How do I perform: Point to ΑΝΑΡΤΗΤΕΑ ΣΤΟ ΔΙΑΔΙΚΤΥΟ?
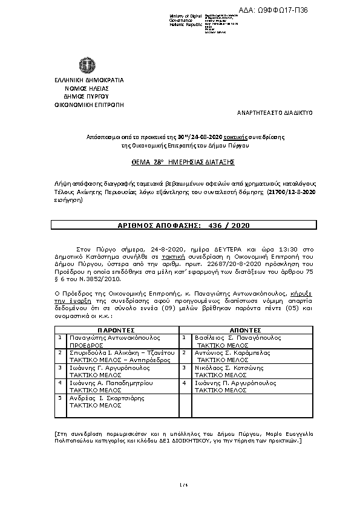point(274,113)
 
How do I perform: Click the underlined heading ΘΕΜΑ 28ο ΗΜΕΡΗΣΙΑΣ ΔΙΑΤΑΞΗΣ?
point(183,163)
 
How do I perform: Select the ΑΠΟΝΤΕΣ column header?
point(246,331)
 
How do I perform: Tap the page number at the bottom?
point(180,484)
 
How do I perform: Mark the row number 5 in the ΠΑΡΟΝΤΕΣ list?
point(59,398)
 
